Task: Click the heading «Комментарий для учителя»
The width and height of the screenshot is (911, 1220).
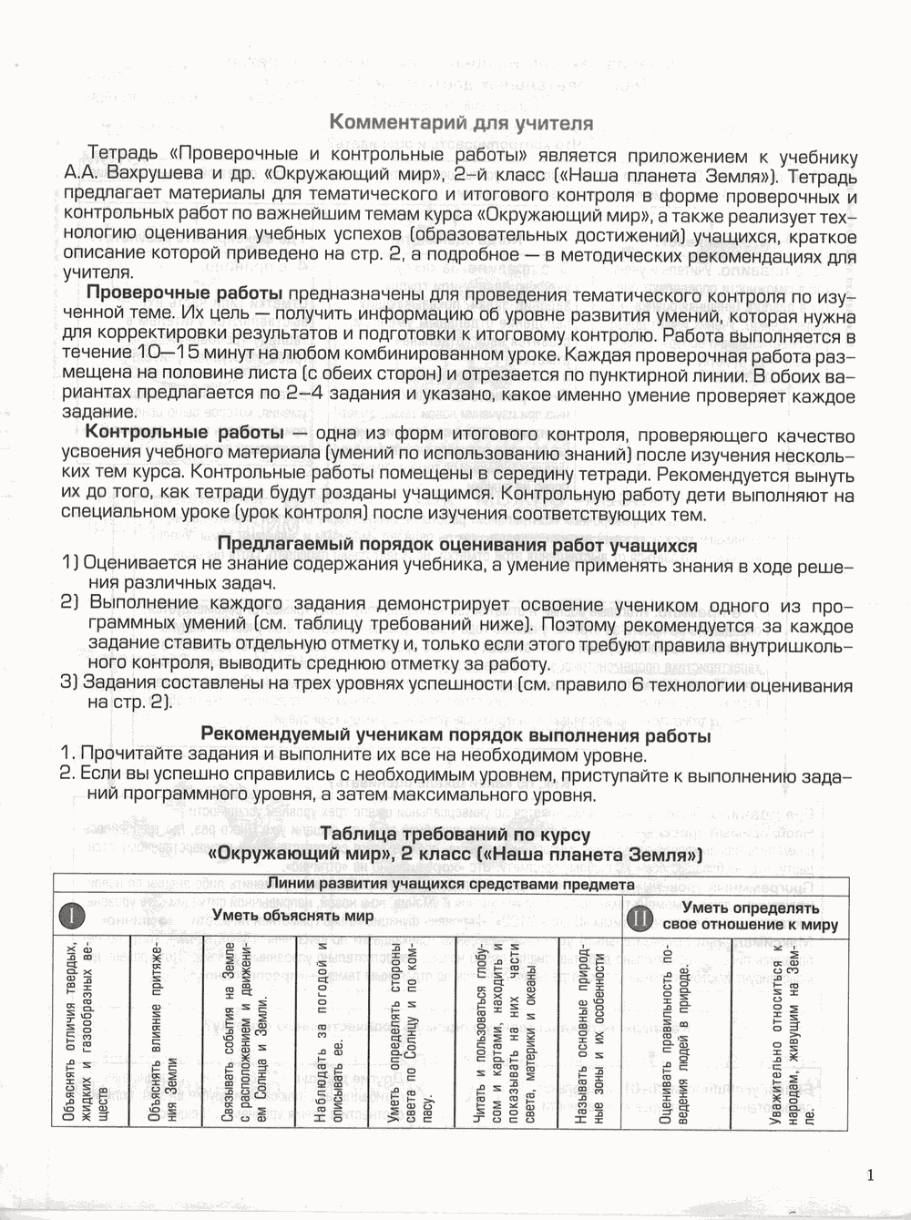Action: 460,122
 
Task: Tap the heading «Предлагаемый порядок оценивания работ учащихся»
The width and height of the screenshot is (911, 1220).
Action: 457,545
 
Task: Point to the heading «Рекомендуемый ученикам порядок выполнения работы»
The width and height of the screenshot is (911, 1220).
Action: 455,735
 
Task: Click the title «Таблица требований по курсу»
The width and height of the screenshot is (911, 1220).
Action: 455,835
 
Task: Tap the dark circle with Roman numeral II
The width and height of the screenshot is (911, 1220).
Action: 640,918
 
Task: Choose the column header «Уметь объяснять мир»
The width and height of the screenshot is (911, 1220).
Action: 292,916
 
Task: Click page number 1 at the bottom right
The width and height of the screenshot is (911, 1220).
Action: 872,1175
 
